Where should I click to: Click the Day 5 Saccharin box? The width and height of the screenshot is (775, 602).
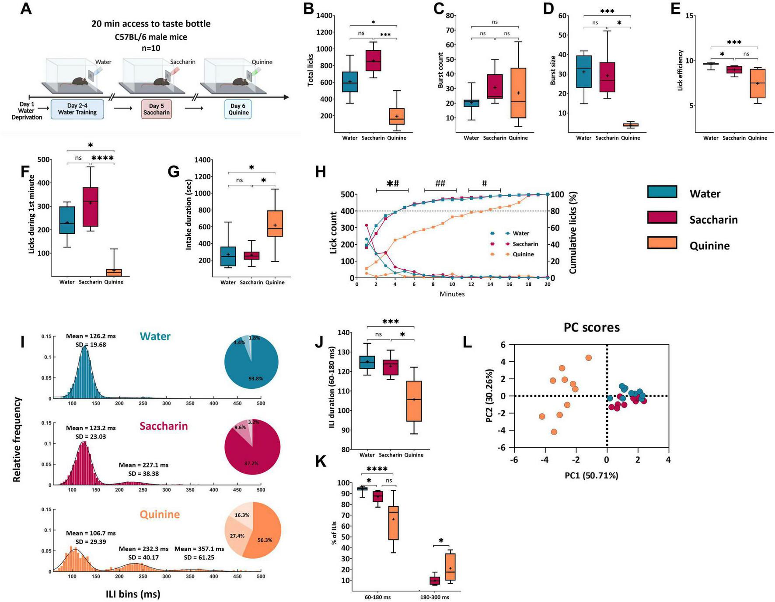pyautogui.click(x=156, y=109)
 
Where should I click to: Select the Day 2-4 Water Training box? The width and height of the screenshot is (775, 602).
pyautogui.click(x=77, y=109)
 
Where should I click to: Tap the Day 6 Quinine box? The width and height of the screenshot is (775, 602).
pyautogui.click(x=238, y=109)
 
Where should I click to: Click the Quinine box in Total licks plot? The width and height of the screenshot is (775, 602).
pyautogui.click(x=397, y=116)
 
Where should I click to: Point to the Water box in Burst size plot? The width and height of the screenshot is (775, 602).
pyautogui.click(x=584, y=72)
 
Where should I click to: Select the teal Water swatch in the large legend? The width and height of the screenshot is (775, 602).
pyautogui.click(x=662, y=192)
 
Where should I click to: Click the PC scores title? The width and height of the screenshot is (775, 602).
pyautogui.click(x=591, y=327)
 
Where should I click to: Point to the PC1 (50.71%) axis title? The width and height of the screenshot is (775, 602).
pyautogui.click(x=591, y=475)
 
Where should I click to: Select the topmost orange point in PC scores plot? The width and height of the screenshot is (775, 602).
pyautogui.click(x=588, y=358)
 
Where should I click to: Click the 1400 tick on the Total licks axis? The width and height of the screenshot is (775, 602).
pyautogui.click(x=324, y=16)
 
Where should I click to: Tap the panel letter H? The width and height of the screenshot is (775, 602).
pyautogui.click(x=321, y=172)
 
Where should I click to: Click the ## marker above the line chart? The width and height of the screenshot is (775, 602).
pyautogui.click(x=440, y=183)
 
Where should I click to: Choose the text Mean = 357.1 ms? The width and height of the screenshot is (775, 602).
pyautogui.click(x=199, y=549)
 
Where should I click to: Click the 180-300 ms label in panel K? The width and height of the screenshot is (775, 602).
pyautogui.click(x=434, y=597)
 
